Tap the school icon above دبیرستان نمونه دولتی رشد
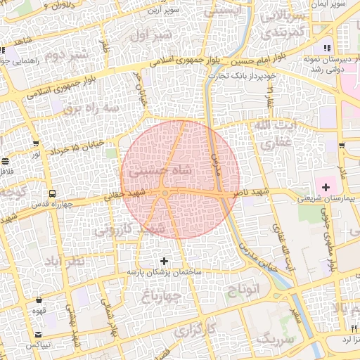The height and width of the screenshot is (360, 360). pyautogui.click(x=326, y=48)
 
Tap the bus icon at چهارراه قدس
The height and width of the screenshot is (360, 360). pyautogui.click(x=52, y=193)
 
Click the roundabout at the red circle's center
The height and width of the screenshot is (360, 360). pyautogui.click(x=165, y=193)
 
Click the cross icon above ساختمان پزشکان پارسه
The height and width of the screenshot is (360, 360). pyautogui.click(x=165, y=261)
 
